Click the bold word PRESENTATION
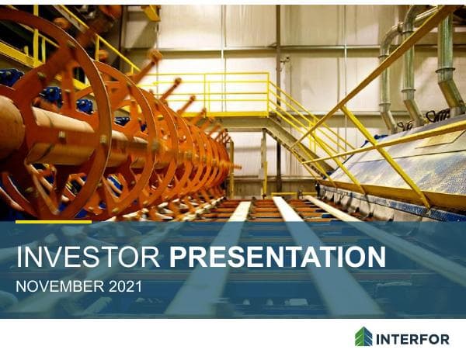coord(277,258)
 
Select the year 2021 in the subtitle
coord(124,286)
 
